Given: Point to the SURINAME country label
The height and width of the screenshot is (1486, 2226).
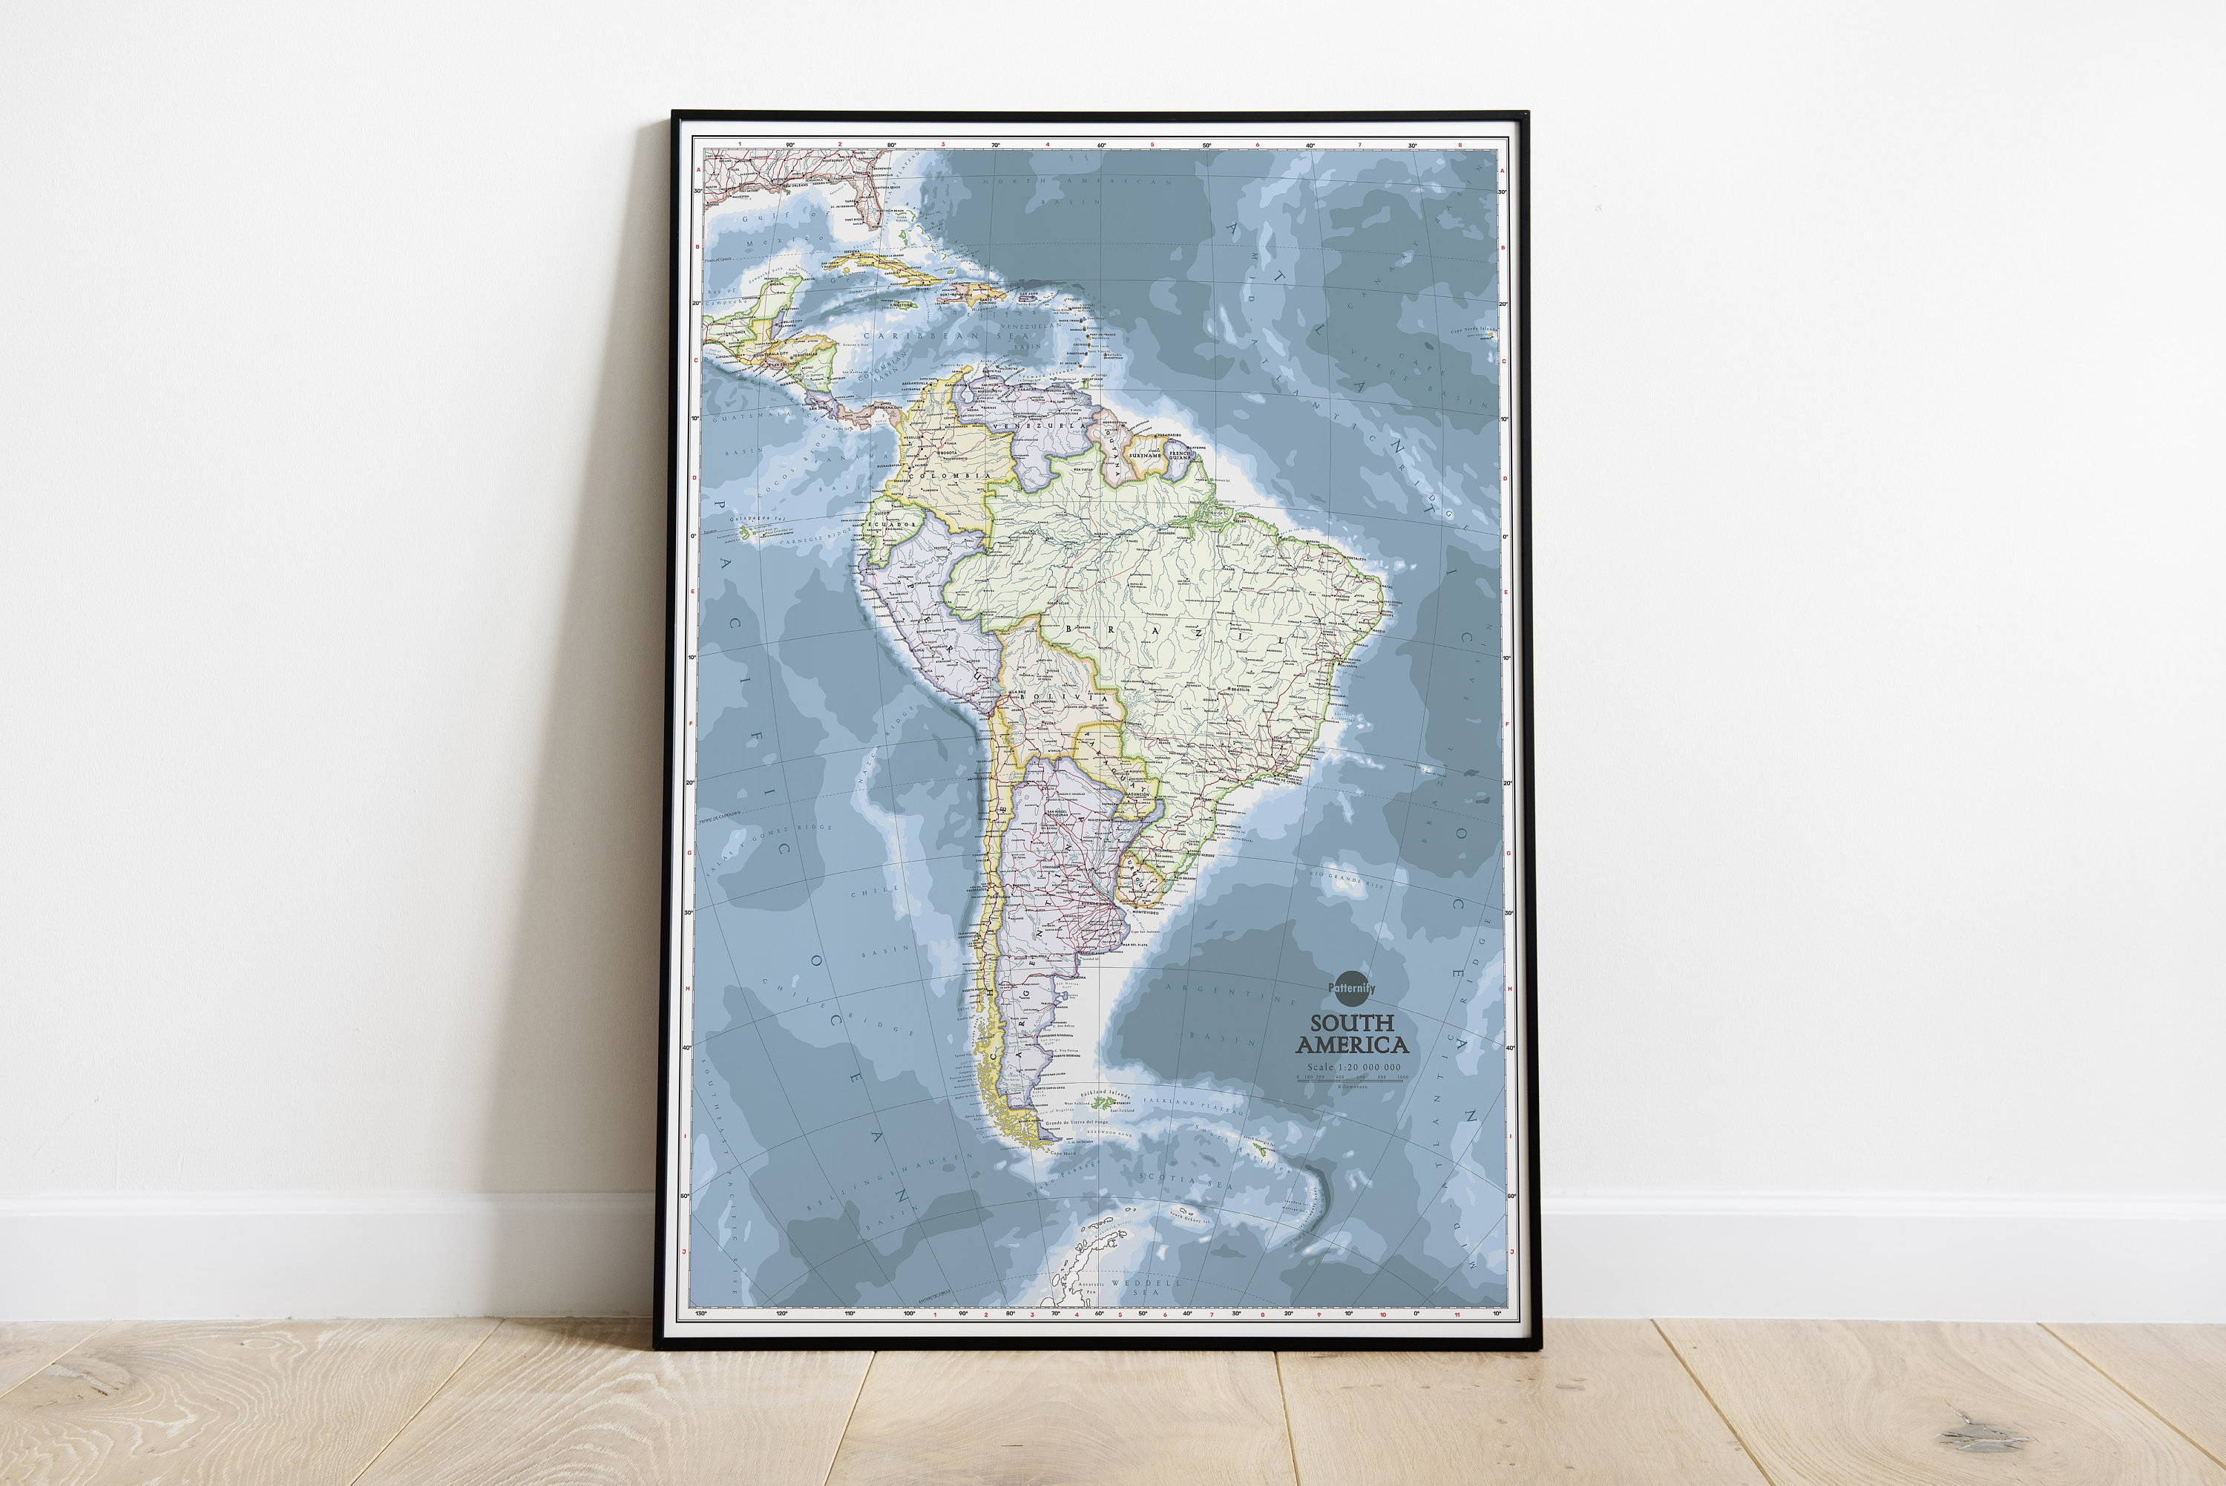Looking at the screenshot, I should coord(1145,456).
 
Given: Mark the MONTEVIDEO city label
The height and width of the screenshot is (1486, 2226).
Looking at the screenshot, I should coord(1144,911).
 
